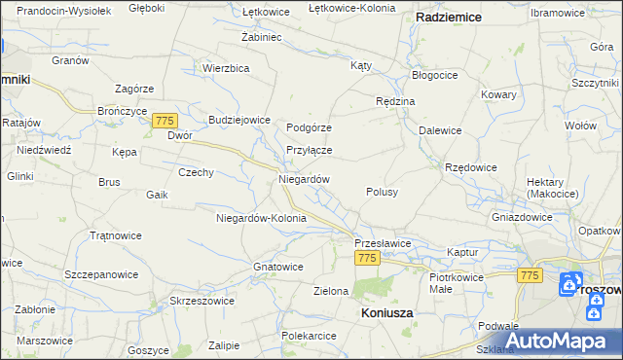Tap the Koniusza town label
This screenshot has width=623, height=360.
point(386,312)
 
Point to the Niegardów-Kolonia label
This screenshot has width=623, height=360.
point(261,218)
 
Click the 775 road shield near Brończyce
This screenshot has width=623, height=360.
point(164,119)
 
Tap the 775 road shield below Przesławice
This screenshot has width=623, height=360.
point(366,258)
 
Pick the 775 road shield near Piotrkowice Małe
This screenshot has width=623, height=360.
point(530,276)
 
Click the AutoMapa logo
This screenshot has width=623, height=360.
point(564,341)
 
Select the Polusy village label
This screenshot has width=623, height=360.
point(382,193)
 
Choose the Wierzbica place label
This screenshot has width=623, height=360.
point(227,68)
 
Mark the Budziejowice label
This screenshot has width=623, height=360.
point(238,120)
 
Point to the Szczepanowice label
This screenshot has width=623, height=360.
point(101,275)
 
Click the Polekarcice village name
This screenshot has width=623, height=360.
point(309,336)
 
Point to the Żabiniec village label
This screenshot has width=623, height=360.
point(261,37)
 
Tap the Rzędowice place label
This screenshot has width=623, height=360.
point(471,167)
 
